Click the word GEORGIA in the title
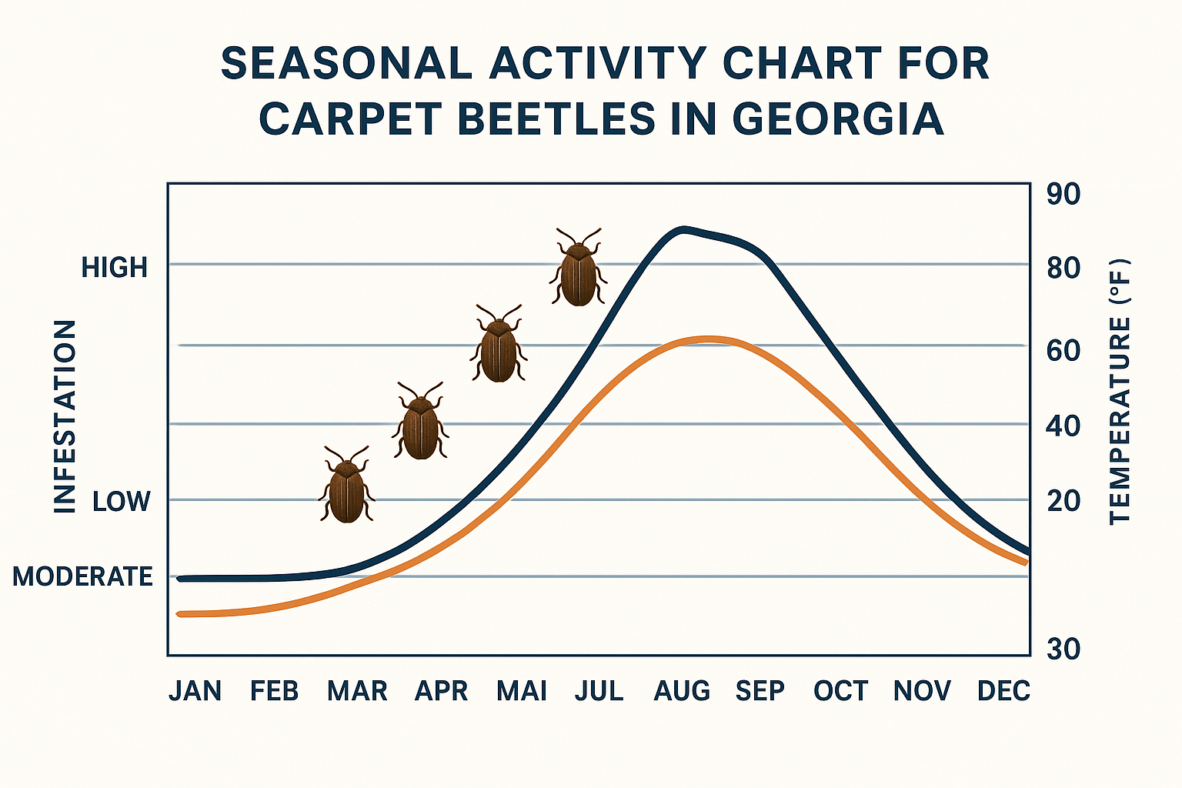click(838, 119)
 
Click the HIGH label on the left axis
click(115, 268)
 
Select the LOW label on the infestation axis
click(121, 502)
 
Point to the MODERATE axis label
click(82, 576)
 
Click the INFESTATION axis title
click(65, 416)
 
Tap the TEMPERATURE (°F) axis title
click(1120, 392)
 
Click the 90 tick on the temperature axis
click(1063, 195)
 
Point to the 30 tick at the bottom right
click(1063, 649)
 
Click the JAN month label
click(195, 691)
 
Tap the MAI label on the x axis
click(522, 691)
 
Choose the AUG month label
click(682, 691)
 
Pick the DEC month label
click(1003, 691)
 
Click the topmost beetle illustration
click(579, 269)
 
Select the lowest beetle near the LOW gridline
click(347, 488)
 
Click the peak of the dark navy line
click(682, 229)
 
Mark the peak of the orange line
click(708, 339)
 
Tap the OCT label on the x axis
click(840, 691)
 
